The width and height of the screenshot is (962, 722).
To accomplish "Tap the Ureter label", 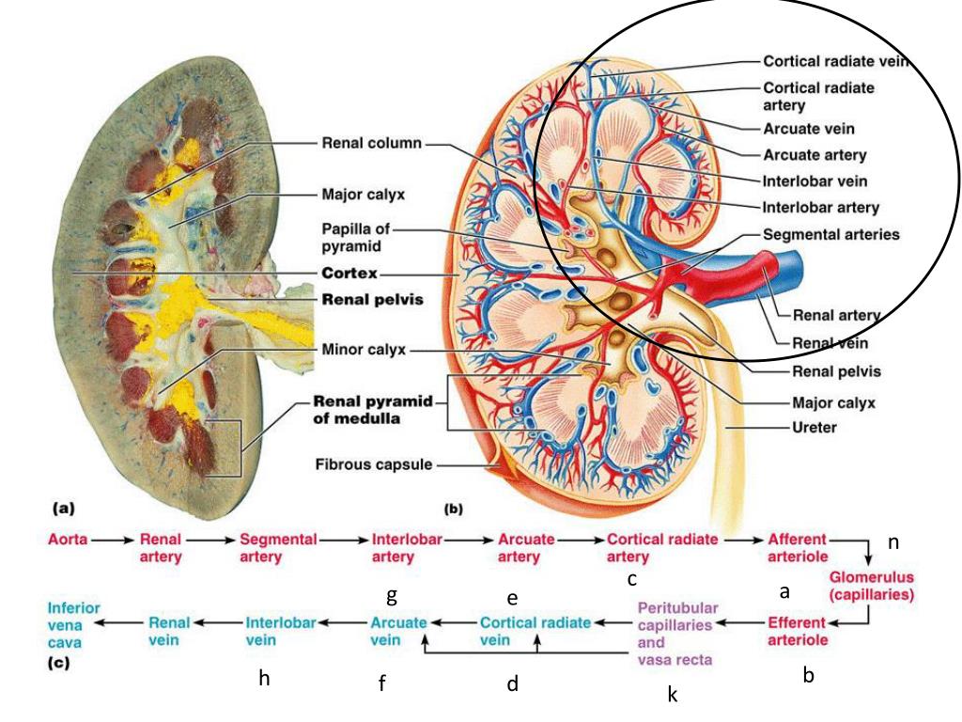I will click(x=814, y=427).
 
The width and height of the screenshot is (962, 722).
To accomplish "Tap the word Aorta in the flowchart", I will click(x=67, y=541).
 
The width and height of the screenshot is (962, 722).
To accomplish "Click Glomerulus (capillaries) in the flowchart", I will click(x=871, y=585).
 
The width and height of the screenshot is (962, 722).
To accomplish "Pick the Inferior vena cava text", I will click(x=74, y=625).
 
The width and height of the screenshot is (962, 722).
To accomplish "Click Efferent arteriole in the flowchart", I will click(x=798, y=631).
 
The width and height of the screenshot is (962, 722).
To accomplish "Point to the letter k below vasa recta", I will click(x=673, y=695).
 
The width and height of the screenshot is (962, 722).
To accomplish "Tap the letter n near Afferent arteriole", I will click(x=893, y=542).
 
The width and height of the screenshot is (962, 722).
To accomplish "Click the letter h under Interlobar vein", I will click(x=265, y=679).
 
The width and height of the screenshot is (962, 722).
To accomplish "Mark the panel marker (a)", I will click(x=63, y=508).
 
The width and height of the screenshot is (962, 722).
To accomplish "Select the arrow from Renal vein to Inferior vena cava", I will click(x=122, y=622).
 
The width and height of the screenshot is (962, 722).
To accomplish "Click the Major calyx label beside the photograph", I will click(x=364, y=195).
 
